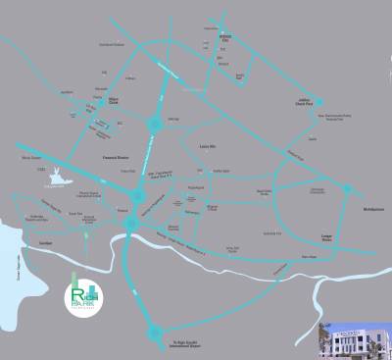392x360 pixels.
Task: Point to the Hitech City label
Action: pyautogui.click(x=223, y=43)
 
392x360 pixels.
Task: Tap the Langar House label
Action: pyautogui.click(x=329, y=238)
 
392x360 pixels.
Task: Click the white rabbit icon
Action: pyautogui.click(x=60, y=178)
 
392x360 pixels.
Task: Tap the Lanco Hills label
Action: pyautogui.click(x=206, y=144)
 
